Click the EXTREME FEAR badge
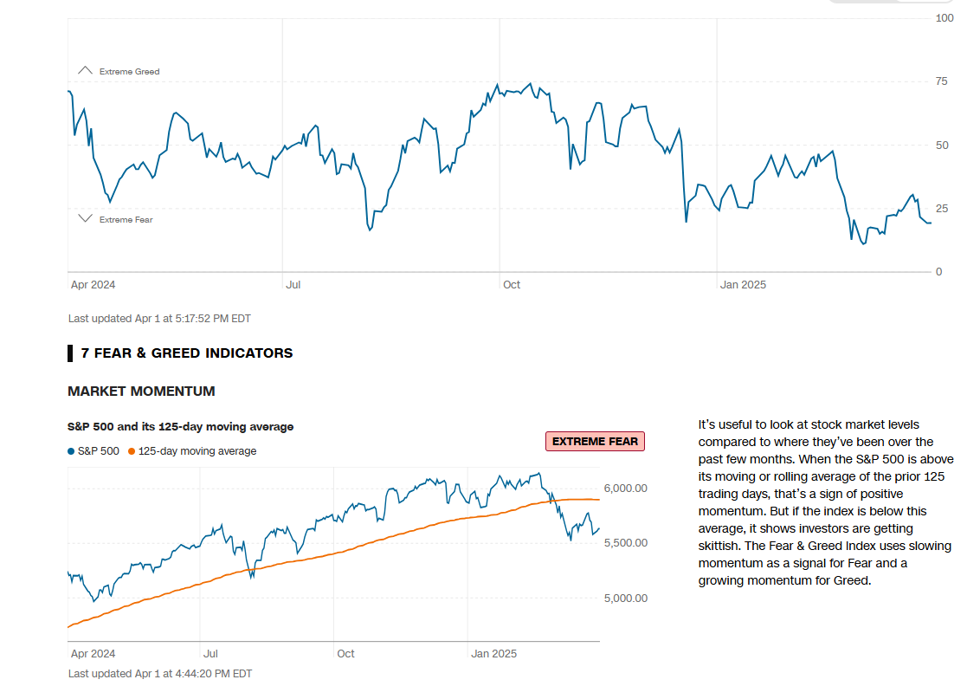click(595, 442)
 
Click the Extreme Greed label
click(129, 72)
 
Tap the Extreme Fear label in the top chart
click(126, 220)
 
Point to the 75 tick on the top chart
click(941, 81)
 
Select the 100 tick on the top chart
click(944, 18)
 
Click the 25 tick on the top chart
click(941, 209)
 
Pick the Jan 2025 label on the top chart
click(743, 284)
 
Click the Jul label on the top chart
click(293, 284)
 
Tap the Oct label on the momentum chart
click(345, 654)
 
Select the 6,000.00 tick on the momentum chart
click(626, 489)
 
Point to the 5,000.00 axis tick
click(626, 599)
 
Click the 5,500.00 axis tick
click(626, 543)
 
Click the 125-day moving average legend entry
click(192, 451)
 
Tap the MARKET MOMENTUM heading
click(141, 392)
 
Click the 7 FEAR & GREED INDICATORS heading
click(186, 353)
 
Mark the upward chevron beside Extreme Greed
click(85, 70)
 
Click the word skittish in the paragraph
click(723, 547)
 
